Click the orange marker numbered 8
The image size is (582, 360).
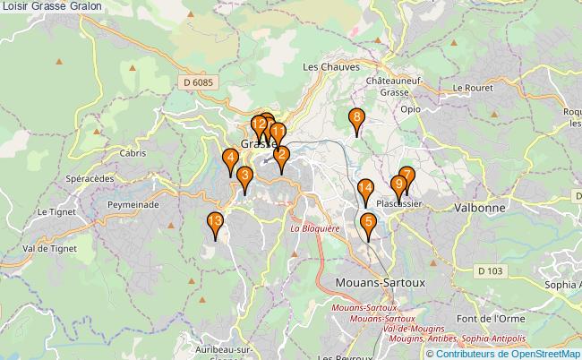click(x=356, y=119)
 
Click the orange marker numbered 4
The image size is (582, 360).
click(x=230, y=161)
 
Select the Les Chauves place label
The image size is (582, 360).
click(x=330, y=66)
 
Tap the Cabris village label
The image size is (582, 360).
click(x=130, y=153)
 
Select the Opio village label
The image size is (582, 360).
click(x=410, y=108)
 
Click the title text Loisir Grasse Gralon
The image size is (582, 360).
click(x=51, y=6)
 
